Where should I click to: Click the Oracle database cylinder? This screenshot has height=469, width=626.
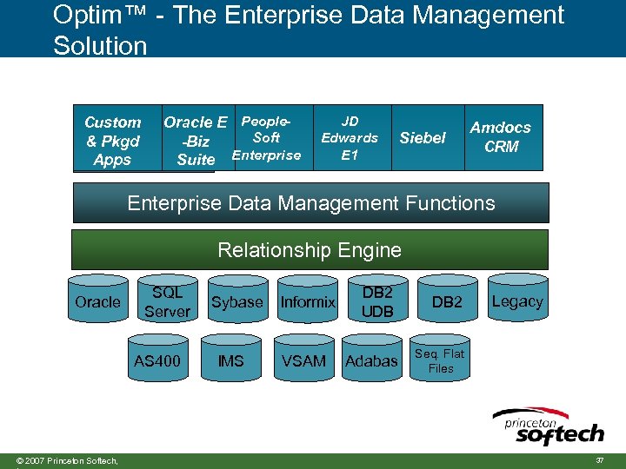97,302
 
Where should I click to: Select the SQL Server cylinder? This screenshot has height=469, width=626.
167,302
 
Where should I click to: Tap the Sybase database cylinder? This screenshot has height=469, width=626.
236,302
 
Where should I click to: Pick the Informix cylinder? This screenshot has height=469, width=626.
307,302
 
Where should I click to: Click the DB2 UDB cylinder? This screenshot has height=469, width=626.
377,302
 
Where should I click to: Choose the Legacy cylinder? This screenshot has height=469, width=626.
517,302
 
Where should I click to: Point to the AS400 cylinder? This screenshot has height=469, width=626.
157,360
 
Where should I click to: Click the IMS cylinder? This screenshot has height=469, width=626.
230,360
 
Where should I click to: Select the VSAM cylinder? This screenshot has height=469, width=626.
303,360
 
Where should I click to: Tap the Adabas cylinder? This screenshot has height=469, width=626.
371,360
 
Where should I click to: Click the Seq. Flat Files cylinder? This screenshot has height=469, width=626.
440,360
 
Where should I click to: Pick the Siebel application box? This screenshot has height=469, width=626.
422,138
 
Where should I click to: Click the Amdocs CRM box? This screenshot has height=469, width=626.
501,137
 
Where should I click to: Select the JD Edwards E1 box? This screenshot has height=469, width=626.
350,138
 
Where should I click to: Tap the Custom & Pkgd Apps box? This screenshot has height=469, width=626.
112,141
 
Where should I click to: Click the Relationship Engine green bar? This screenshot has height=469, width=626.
310,250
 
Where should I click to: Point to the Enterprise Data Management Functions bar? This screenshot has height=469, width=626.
310,203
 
